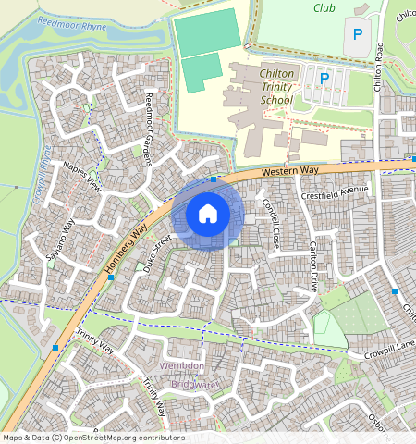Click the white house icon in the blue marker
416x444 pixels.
[x=208, y=214]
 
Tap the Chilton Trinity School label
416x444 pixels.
[x=263, y=86]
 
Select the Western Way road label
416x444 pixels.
[x=289, y=171]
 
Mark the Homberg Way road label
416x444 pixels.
[x=126, y=251]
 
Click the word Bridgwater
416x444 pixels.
[x=190, y=381]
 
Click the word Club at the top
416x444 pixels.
[x=324, y=7]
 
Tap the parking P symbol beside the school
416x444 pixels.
[x=324, y=79]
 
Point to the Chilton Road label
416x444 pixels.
[x=378, y=65]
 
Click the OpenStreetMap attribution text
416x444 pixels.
[x=92, y=438]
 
